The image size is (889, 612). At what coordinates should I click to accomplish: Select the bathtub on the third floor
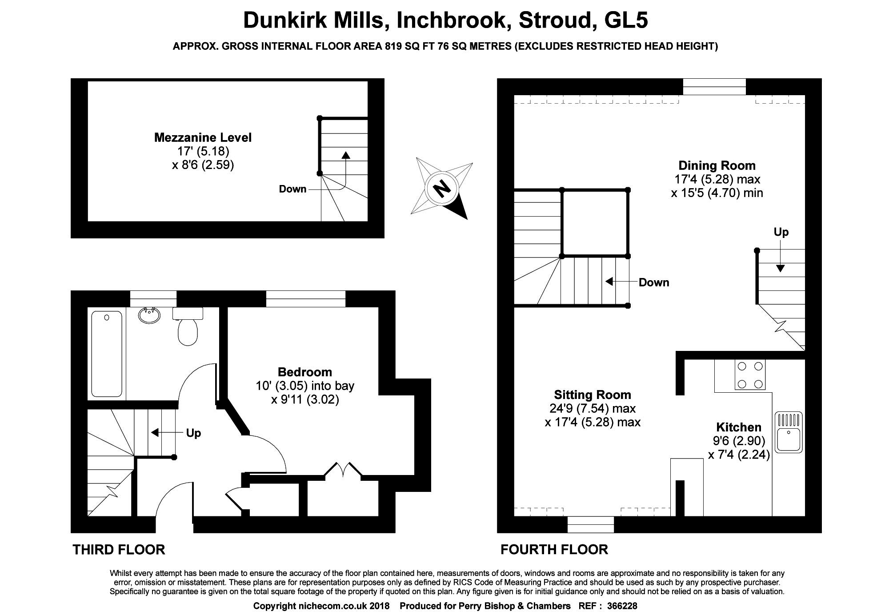pos(107,354)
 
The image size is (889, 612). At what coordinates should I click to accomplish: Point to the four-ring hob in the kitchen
pos(750,375)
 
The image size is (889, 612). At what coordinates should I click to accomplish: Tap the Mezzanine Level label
pos(203,138)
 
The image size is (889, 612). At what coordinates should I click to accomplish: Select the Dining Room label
pos(717,165)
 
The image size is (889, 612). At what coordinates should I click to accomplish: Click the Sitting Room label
pos(593,395)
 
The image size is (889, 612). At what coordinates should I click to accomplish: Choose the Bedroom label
pos(305,372)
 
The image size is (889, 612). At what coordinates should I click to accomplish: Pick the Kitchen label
pos(739,427)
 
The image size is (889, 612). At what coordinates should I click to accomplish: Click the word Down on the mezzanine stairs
pos(292,189)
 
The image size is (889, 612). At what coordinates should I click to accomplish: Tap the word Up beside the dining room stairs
pos(781,232)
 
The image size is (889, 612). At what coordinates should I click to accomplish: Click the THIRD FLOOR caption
pos(119,550)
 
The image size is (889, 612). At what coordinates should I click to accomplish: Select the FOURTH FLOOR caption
pos(554,550)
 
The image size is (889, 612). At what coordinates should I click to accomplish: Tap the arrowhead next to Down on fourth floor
pos(609,282)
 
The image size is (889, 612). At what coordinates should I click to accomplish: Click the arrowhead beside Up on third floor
pos(155,432)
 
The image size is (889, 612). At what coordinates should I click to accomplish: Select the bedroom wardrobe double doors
pos(342,470)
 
